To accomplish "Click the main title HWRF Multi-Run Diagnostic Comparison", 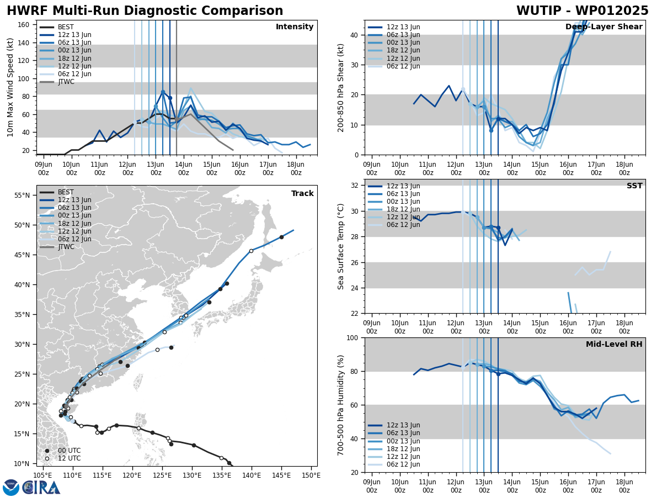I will pyautogui.click(x=145, y=11).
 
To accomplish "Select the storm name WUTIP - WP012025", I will pyautogui.click(x=582, y=11).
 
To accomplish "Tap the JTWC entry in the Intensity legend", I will pyautogui.click(x=66, y=82).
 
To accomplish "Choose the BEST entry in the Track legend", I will pyautogui.click(x=66, y=192).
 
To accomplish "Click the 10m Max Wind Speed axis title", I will pyautogui.click(x=11, y=87).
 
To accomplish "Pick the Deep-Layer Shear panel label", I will pyautogui.click(x=604, y=27).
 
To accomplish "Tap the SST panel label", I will pyautogui.click(x=634, y=186).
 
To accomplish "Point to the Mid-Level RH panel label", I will pyautogui.click(x=614, y=345).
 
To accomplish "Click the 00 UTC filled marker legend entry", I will pyautogui.click(x=65, y=451).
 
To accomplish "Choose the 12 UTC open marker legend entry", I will pyautogui.click(x=65, y=458).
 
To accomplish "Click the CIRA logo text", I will pyautogui.click(x=41, y=487).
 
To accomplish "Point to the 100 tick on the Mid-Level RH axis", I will pyautogui.click(x=355, y=337).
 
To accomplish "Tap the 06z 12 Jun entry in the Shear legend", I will pyautogui.click(x=401, y=66).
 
